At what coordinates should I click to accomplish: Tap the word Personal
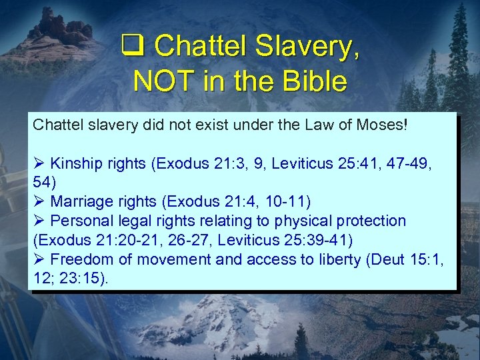pyautogui.click(x=80, y=221)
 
